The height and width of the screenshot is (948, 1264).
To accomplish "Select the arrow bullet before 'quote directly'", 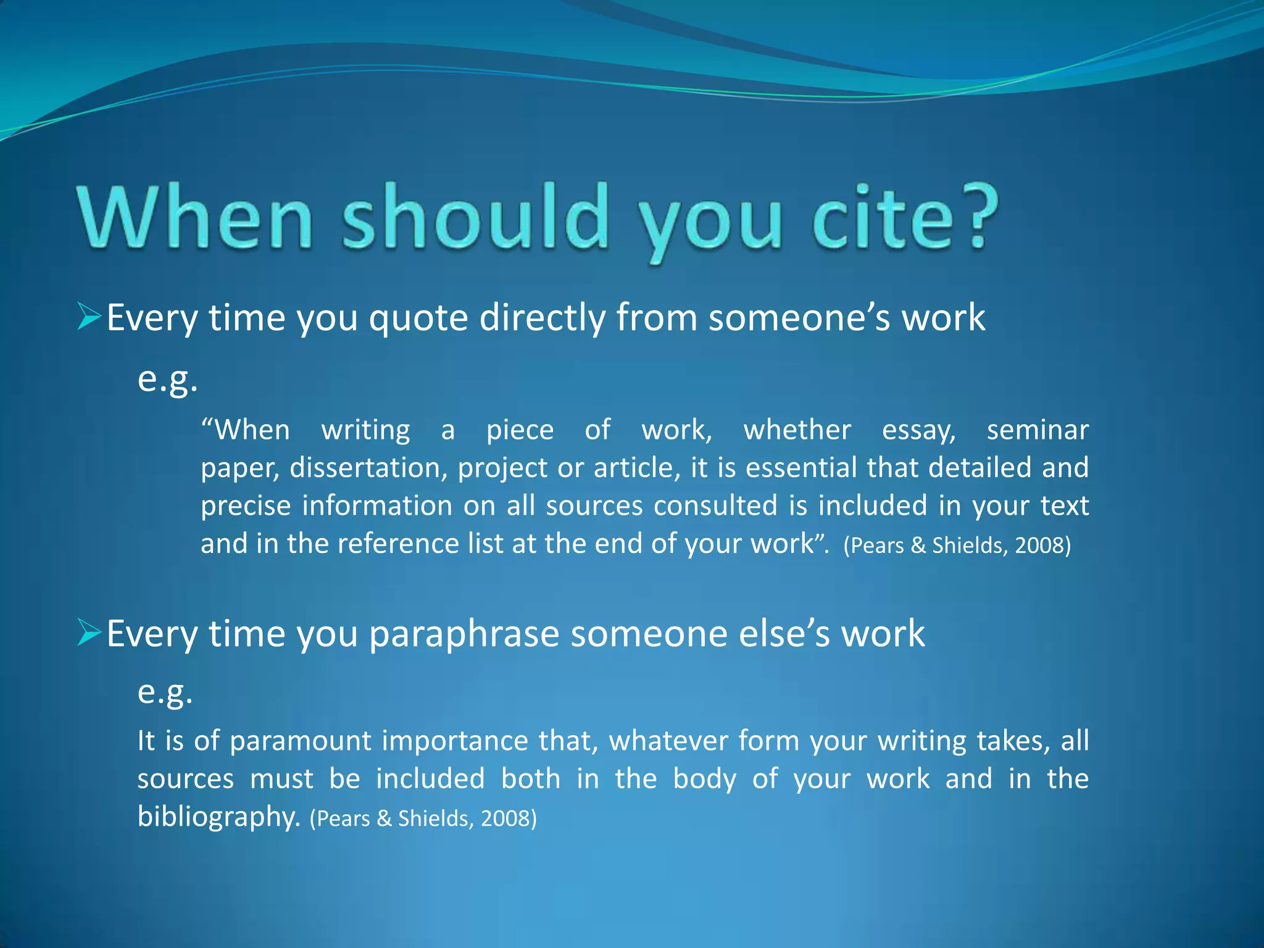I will pyautogui.click(x=89, y=317).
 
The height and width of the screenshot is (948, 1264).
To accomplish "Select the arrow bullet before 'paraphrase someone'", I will pyautogui.click(x=89, y=633).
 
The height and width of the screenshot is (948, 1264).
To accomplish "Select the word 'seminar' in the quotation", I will pyautogui.click(x=1037, y=430).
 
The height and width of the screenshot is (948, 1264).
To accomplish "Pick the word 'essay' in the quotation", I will pyautogui.click(x=918, y=431).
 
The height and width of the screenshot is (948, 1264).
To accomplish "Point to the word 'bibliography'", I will pyautogui.click(x=218, y=817).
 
